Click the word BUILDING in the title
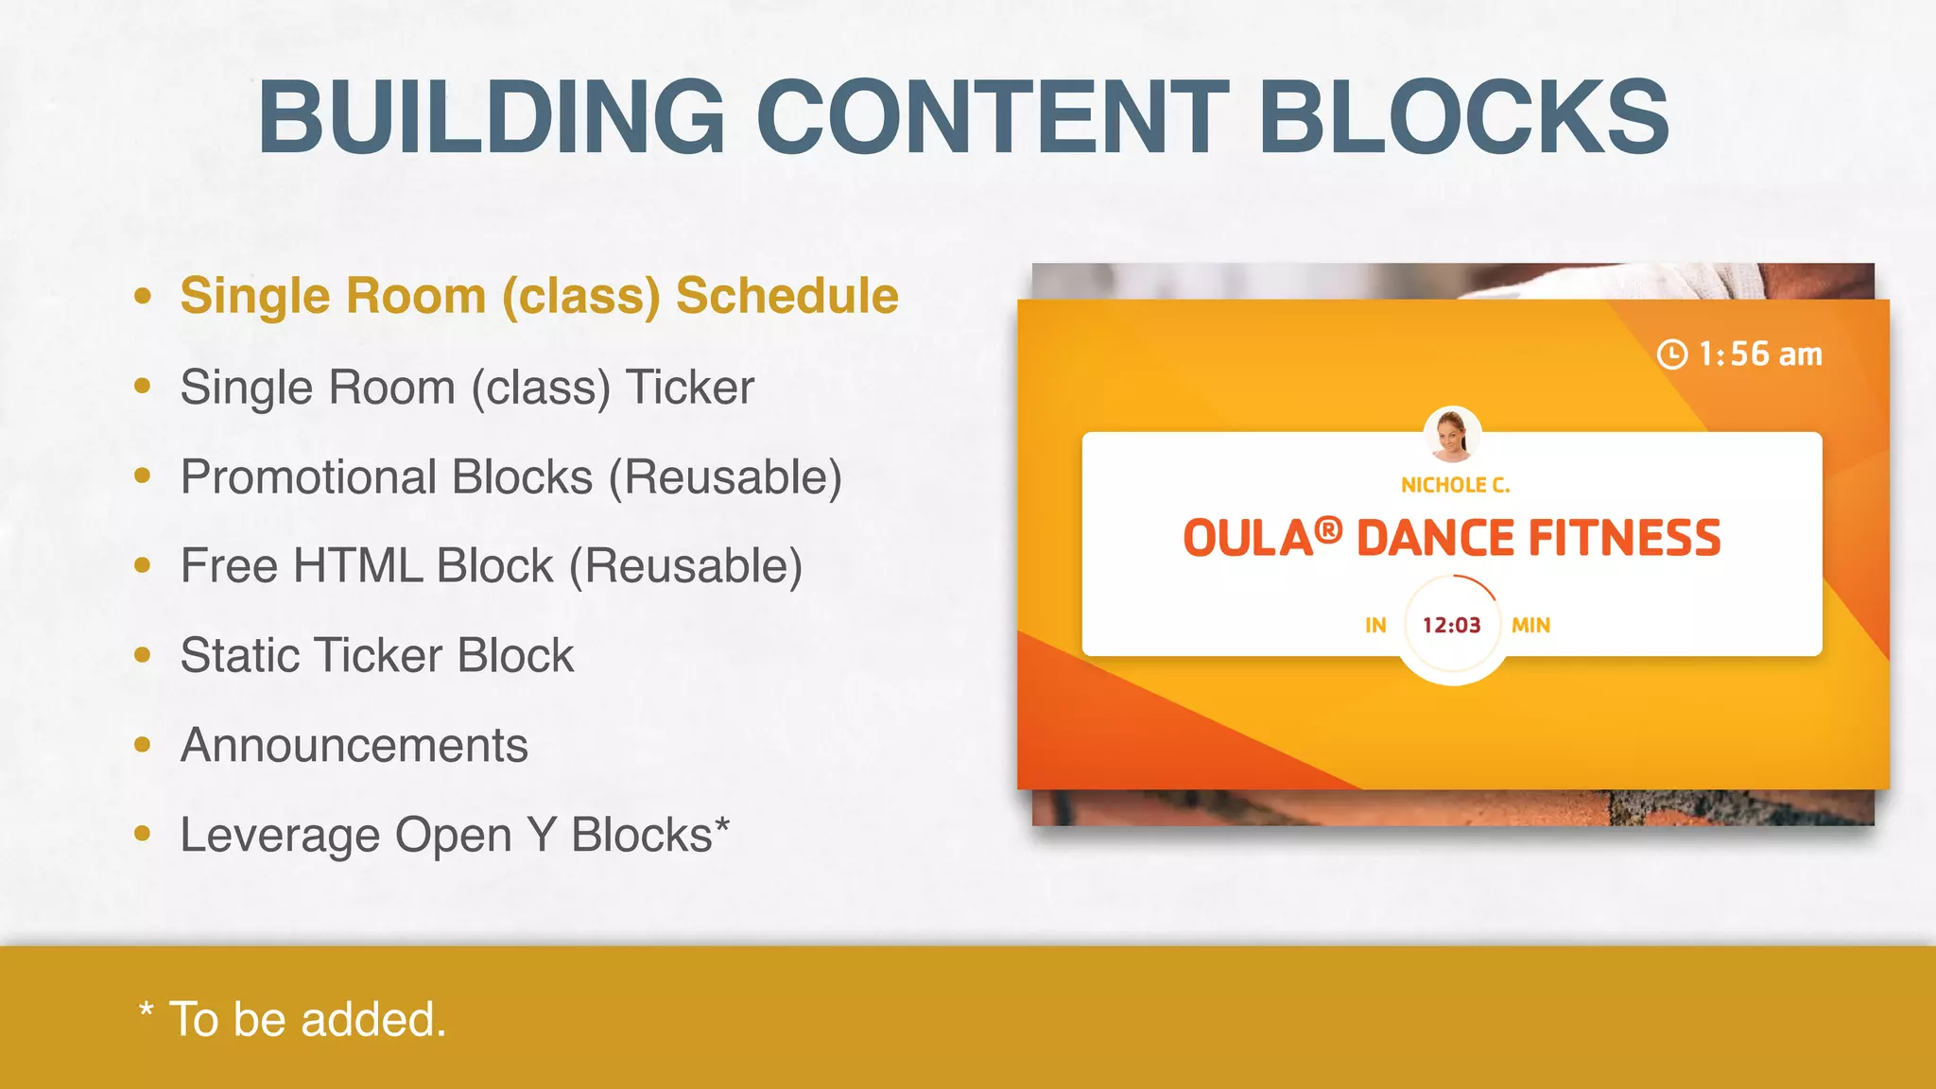click(x=492, y=117)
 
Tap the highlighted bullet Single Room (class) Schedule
click(x=539, y=296)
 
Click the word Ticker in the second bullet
click(x=690, y=388)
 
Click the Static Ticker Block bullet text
click(x=376, y=656)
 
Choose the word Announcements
click(x=354, y=746)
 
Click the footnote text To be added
click(x=306, y=1020)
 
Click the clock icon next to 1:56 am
click(x=1671, y=354)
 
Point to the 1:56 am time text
click(x=1760, y=354)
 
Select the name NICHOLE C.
click(x=1455, y=486)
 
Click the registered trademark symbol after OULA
click(x=1328, y=530)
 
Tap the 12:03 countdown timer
click(x=1451, y=626)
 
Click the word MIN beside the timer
click(x=1530, y=626)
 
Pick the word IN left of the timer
click(x=1375, y=626)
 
